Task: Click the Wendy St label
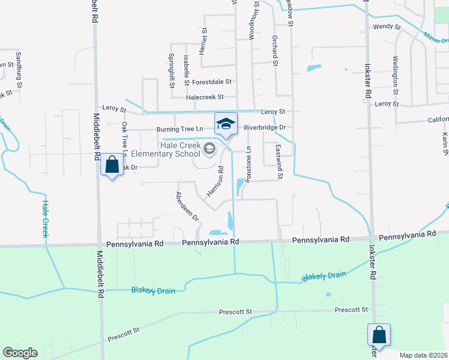tap(387, 27)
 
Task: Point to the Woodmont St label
tap(256, 22)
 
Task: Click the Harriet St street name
tap(205, 40)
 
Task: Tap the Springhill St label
tap(171, 71)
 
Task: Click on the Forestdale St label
tap(212, 82)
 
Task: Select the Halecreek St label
tap(205, 97)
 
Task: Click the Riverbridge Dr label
tap(265, 128)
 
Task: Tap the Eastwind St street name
tap(279, 162)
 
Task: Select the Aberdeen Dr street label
tap(187, 207)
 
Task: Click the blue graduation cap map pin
tap(226, 124)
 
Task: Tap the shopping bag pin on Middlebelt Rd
tap(112, 165)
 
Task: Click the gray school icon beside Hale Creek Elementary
tap(209, 148)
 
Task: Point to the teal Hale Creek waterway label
tap(44, 218)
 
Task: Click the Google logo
tap(20, 353)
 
